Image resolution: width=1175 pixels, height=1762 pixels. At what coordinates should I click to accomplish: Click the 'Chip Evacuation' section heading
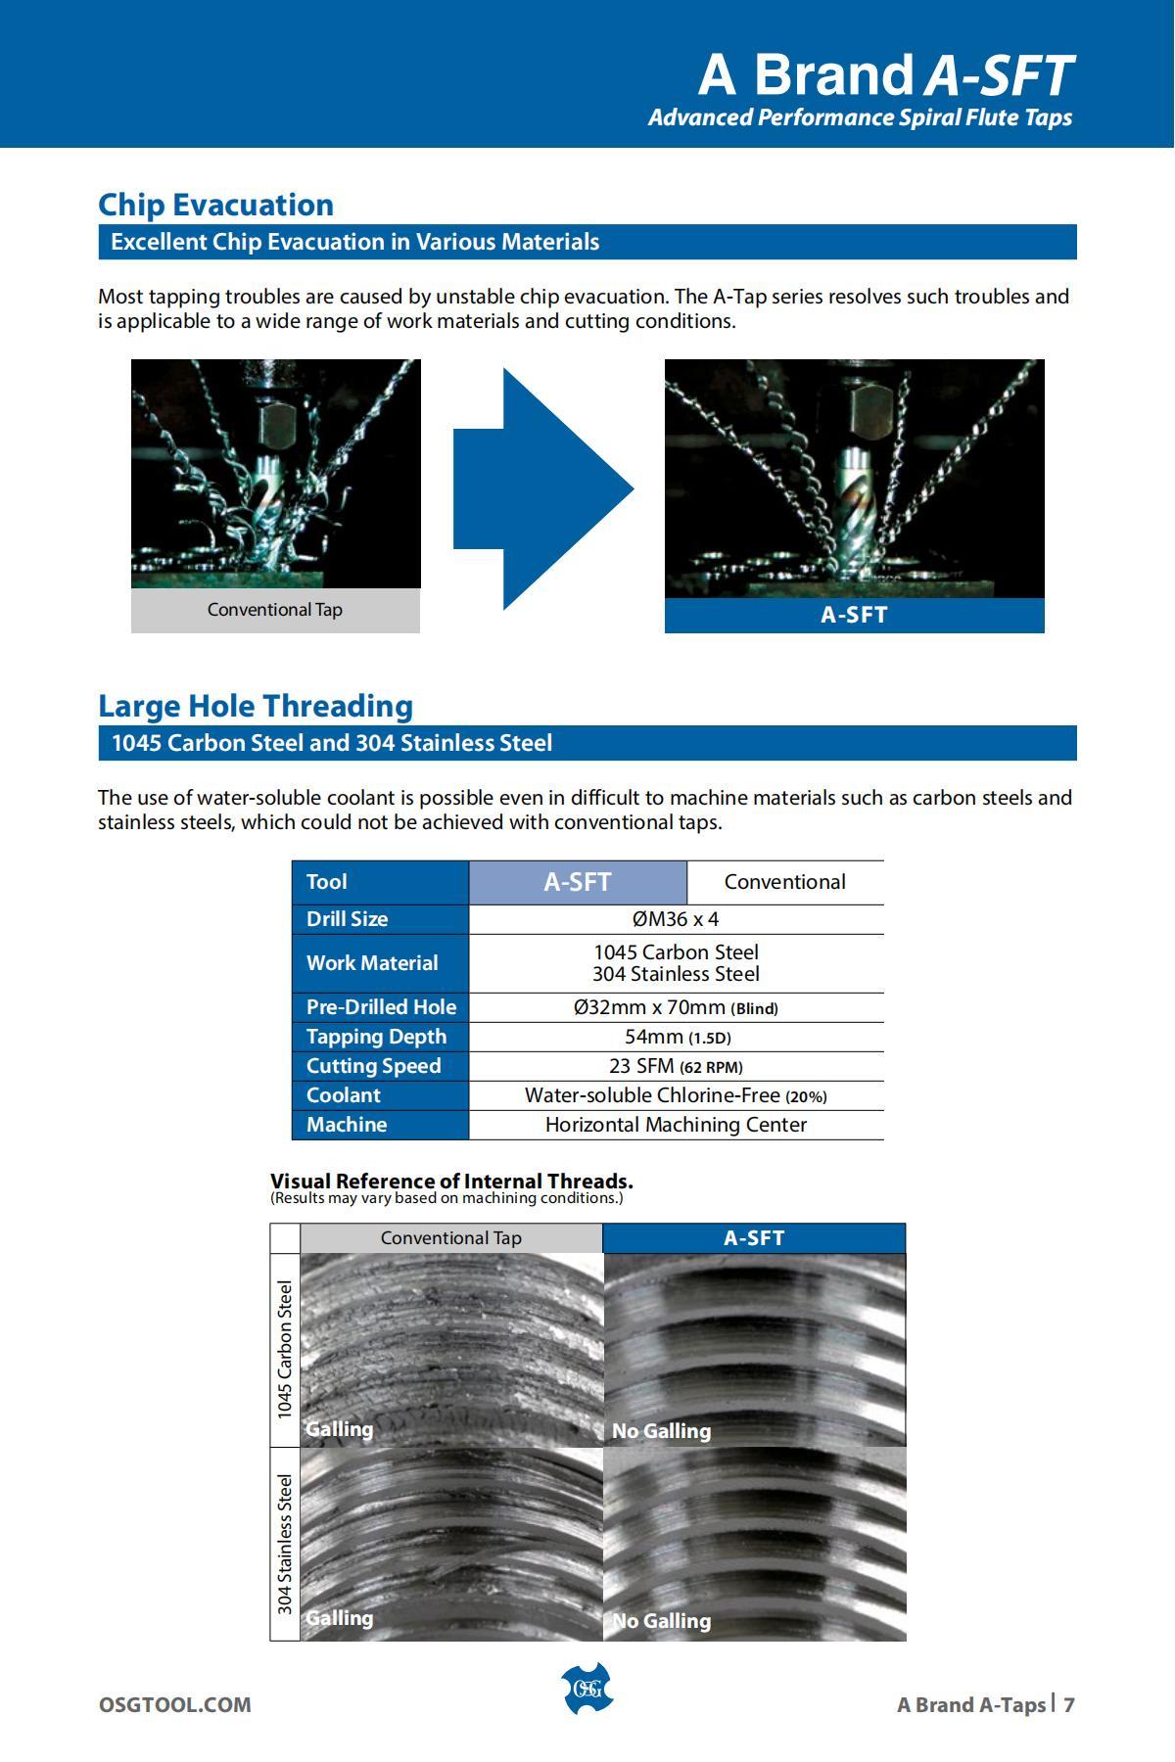click(215, 205)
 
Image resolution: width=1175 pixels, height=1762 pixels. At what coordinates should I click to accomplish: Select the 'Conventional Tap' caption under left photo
click(275, 610)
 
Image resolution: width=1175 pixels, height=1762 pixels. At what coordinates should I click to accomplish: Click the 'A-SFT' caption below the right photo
click(854, 615)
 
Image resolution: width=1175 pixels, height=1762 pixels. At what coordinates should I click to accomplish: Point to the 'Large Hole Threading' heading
click(256, 706)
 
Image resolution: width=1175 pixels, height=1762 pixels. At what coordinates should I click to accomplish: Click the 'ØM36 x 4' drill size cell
click(676, 919)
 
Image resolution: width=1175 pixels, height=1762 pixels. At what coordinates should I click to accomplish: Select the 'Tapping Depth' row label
click(376, 1037)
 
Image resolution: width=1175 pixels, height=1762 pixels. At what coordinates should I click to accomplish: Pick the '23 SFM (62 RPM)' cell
click(676, 1066)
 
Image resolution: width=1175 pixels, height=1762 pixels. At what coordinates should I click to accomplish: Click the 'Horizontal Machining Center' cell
click(676, 1125)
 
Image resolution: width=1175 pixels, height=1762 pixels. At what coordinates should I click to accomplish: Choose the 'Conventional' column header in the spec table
click(784, 882)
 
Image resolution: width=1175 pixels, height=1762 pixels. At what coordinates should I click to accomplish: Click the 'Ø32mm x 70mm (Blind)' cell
click(676, 1007)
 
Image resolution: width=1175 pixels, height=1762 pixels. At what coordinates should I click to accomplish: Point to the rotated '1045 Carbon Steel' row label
click(285, 1350)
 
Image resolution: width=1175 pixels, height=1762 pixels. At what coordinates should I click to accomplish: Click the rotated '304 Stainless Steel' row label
click(285, 1544)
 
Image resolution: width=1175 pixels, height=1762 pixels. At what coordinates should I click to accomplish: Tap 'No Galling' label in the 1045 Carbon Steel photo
click(661, 1431)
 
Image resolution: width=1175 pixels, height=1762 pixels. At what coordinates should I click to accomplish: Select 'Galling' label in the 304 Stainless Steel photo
click(339, 1618)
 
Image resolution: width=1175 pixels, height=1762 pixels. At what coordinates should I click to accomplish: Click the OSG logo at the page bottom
click(587, 1689)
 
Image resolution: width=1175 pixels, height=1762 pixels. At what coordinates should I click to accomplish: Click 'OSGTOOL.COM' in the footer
click(174, 1704)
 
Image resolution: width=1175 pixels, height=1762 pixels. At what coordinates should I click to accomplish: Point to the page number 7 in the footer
click(1069, 1704)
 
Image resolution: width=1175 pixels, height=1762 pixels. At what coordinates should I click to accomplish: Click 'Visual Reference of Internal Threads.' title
click(451, 1181)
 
